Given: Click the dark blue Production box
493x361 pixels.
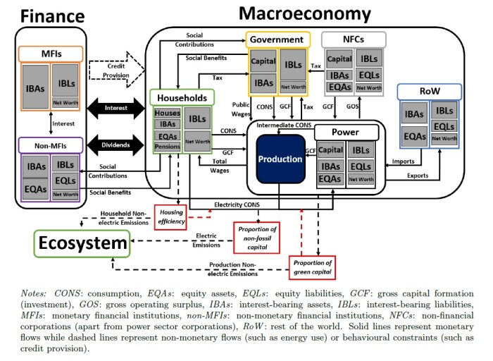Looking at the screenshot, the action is (280, 159).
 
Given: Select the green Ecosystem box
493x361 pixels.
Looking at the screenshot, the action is (82, 243).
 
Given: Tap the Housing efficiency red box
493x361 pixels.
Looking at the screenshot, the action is (170, 217).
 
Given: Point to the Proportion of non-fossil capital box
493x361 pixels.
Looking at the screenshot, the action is (256, 238).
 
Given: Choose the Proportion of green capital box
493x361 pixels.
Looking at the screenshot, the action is (312, 267).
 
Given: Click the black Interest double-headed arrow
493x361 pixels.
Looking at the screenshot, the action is (116, 108).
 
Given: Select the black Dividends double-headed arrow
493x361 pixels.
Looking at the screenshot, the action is (116, 145).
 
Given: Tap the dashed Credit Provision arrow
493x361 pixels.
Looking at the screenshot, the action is (117, 70).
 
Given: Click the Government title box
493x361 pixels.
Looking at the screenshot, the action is (277, 39).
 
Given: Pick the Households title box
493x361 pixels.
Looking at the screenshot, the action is (182, 97).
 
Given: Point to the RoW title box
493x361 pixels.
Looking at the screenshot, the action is (430, 91).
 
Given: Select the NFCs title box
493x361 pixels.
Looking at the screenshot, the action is (354, 39).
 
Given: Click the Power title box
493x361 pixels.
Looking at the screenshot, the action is (347, 132).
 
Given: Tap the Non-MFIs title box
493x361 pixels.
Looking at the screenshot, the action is (51, 145).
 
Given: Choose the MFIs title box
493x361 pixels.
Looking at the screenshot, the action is (51, 54).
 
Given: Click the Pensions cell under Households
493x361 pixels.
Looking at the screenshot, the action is (168, 147).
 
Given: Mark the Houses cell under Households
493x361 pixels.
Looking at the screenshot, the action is (168, 113).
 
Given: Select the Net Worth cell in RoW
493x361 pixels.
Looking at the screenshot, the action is (444, 138).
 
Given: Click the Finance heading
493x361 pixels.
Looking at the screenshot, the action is (53, 16).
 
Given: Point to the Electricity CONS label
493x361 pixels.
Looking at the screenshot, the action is (237, 205).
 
